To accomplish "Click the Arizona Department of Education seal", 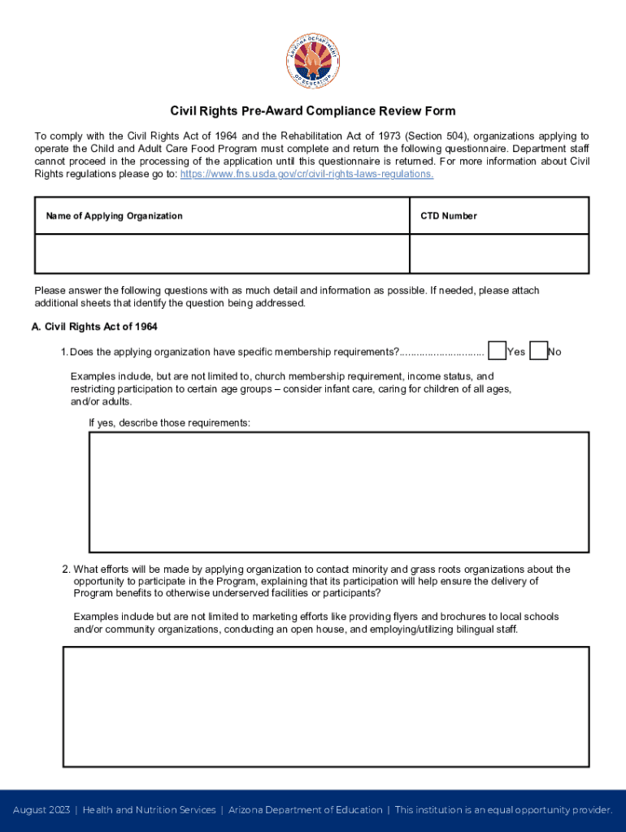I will coord(312,64).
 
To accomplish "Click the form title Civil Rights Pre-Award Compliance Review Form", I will coord(312,110).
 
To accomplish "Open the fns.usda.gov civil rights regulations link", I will coord(306,174).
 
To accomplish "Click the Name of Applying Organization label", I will coord(114,216).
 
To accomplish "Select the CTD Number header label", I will coord(448,216).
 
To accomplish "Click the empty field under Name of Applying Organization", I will coord(221,254).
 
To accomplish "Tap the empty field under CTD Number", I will coord(499,254).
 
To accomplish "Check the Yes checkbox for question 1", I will coord(497,351).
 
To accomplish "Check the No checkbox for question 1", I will coord(537,351).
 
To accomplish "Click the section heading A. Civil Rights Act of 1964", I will coord(93,327).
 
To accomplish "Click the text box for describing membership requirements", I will coord(338,492).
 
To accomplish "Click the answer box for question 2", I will coord(325,706).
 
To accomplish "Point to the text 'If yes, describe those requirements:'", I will coord(169,423).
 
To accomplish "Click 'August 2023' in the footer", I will coord(41,810).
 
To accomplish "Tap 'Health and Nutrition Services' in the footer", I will coord(150,810).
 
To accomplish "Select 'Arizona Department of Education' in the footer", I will coord(305,810).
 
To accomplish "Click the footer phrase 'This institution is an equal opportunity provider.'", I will coord(503,810).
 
